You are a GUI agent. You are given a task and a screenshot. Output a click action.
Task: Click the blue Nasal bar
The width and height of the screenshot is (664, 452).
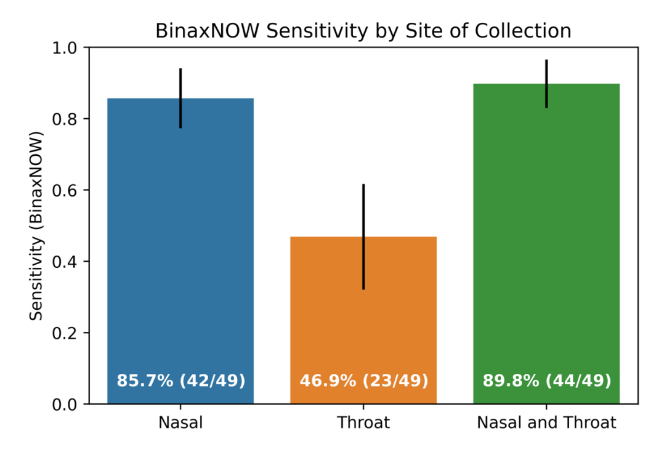[x=180, y=251]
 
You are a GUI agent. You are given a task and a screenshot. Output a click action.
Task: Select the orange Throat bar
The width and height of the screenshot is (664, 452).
[x=363, y=320]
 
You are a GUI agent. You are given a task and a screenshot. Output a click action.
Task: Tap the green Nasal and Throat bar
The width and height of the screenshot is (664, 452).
[x=546, y=244]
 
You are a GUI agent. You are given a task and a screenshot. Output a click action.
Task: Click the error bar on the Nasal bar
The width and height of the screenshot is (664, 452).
[x=180, y=98]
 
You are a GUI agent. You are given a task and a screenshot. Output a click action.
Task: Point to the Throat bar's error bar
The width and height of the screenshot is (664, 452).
[x=363, y=236]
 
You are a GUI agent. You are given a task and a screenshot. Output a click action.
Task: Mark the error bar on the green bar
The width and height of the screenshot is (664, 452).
[x=546, y=84]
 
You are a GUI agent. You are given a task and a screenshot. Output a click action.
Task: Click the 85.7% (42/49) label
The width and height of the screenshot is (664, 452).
[x=181, y=381]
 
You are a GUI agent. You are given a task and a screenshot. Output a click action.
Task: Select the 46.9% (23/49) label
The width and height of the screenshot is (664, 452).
[x=364, y=381]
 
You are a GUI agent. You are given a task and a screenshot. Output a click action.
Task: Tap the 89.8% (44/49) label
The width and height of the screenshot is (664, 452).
[x=547, y=381]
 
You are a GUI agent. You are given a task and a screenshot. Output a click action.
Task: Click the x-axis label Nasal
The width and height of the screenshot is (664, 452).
[x=180, y=422]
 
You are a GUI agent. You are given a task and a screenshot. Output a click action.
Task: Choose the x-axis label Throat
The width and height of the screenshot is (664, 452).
[x=363, y=422]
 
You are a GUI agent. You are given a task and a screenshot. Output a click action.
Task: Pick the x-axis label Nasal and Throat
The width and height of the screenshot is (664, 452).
[x=546, y=422]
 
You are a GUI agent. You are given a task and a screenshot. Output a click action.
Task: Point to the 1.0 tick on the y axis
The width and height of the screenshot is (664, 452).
[x=64, y=48]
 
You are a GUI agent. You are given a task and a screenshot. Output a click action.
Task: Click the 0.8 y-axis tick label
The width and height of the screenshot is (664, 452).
[x=64, y=119]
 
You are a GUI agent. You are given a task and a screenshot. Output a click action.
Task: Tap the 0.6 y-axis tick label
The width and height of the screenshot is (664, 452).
[x=64, y=190]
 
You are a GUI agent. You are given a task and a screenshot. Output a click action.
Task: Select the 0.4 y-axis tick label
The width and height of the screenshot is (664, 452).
[x=64, y=262]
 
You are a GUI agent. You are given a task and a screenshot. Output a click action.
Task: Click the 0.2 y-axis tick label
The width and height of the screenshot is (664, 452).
[x=64, y=333]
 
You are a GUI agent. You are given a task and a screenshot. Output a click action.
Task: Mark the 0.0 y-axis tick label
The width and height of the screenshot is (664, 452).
[x=64, y=405]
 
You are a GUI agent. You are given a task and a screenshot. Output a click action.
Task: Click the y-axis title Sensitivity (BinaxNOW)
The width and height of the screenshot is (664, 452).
[x=36, y=226]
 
